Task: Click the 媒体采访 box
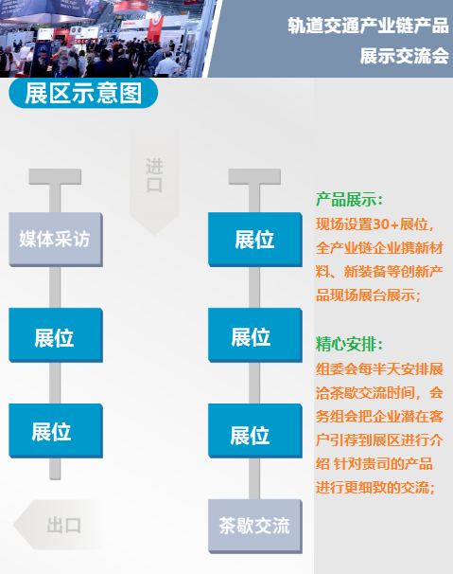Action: (x=56, y=240)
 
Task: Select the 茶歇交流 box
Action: (x=254, y=526)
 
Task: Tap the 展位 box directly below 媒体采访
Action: (x=56, y=335)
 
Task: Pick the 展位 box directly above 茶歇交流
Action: (x=254, y=431)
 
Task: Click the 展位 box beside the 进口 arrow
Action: (x=254, y=240)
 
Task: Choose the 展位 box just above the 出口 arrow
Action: (x=56, y=431)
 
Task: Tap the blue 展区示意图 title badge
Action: (x=83, y=93)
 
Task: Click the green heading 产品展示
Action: (x=349, y=200)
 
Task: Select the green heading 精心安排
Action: (x=349, y=344)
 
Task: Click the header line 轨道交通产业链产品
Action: (x=368, y=26)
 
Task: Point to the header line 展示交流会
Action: (x=405, y=56)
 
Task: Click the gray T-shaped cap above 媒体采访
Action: (x=55, y=176)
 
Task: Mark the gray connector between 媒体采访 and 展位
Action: (x=55, y=287)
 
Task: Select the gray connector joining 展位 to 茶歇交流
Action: (x=254, y=478)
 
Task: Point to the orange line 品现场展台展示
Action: (x=369, y=296)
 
